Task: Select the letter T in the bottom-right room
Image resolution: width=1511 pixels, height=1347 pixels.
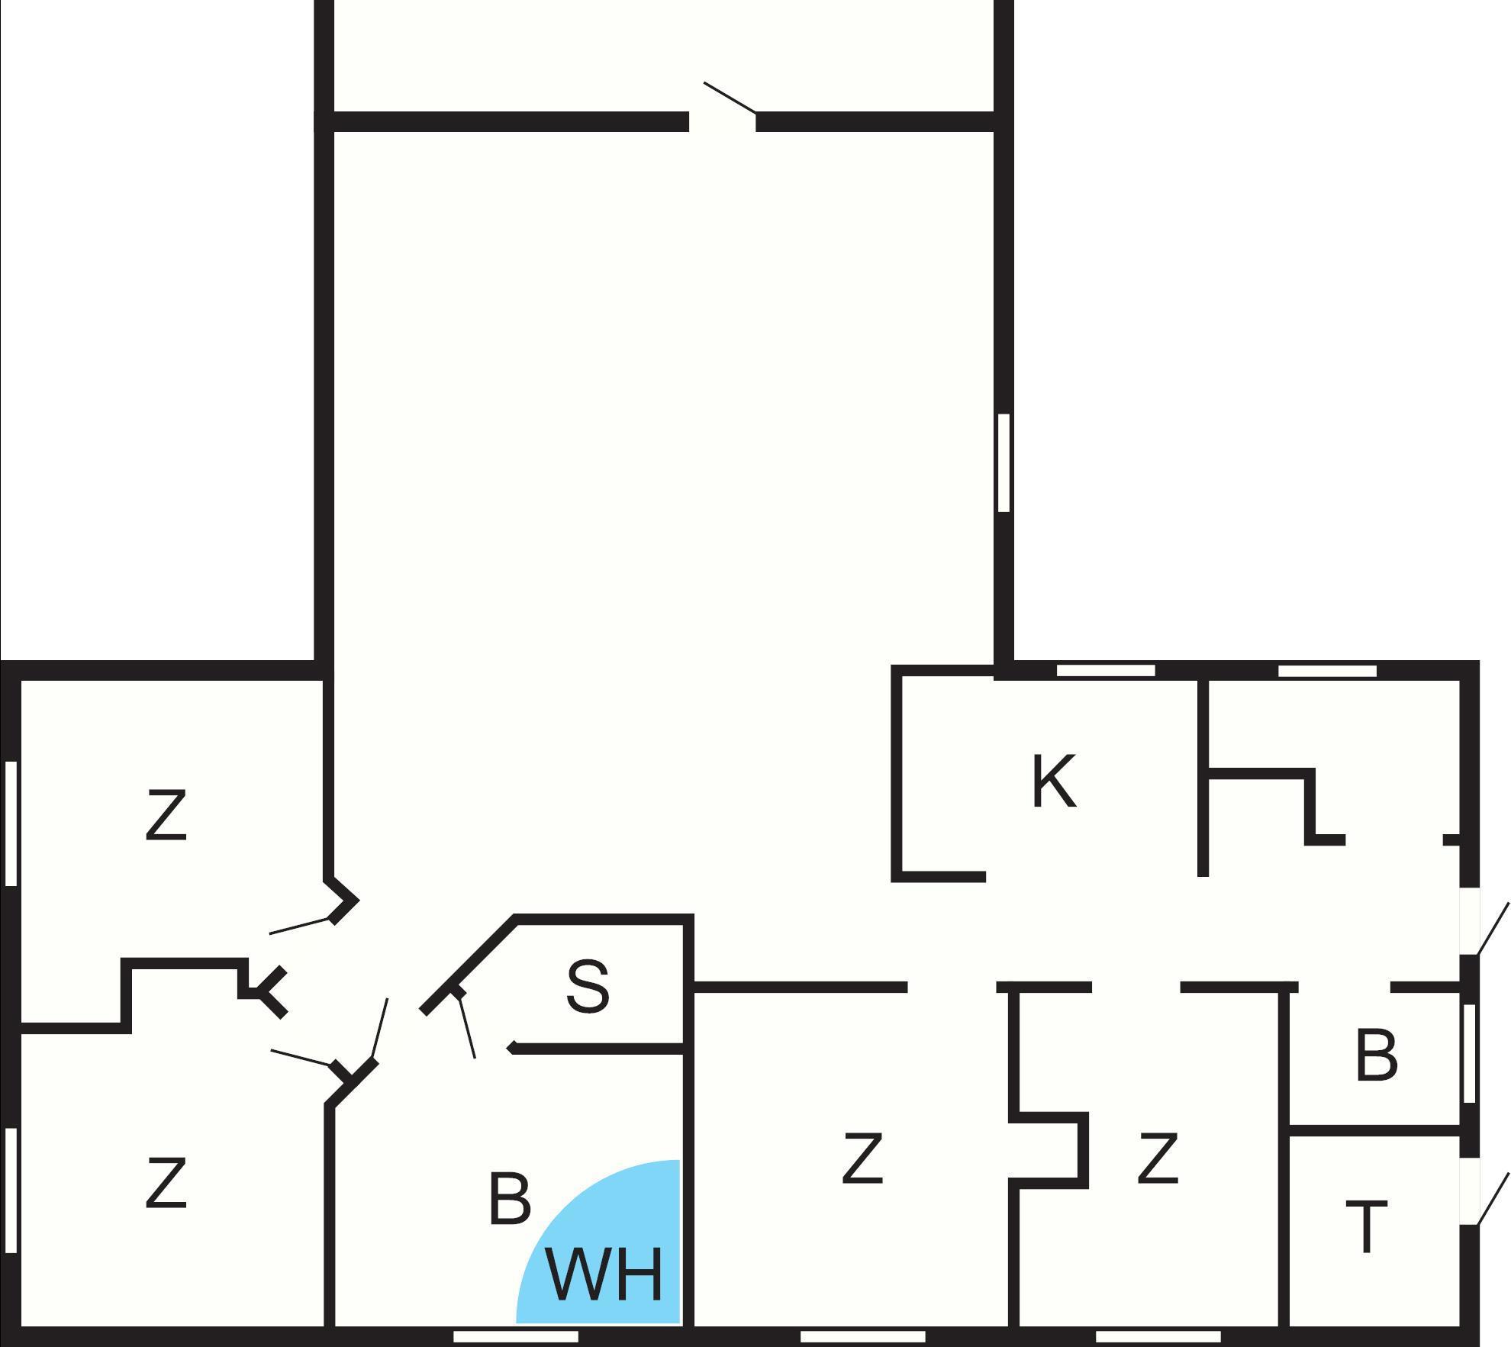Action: [x=1366, y=1226]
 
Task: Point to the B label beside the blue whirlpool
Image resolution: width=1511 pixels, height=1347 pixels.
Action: [x=509, y=1198]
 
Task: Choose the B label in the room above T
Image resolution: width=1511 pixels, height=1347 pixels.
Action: [x=1377, y=1055]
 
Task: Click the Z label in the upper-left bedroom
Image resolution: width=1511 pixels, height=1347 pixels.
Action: [x=166, y=816]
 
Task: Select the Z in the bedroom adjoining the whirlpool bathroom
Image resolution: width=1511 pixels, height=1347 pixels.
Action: [x=862, y=1158]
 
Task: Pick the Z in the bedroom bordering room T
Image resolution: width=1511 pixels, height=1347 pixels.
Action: [x=1158, y=1158]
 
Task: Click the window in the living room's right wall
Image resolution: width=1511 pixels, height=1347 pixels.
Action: [x=1004, y=462]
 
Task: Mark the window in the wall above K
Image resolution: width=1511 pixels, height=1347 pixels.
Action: [x=1106, y=670]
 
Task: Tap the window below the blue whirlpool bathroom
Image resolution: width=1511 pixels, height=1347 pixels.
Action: [x=516, y=1336]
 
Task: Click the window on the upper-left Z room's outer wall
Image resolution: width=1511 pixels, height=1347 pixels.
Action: [x=11, y=823]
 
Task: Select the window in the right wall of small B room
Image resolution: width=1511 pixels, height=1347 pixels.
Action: [x=1469, y=1053]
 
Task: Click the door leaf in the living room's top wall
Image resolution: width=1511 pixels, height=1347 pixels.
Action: [x=730, y=98]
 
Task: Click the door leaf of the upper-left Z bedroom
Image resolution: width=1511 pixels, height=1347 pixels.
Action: [x=300, y=925]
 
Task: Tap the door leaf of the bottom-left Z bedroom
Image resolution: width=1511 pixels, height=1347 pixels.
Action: [x=303, y=1057]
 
